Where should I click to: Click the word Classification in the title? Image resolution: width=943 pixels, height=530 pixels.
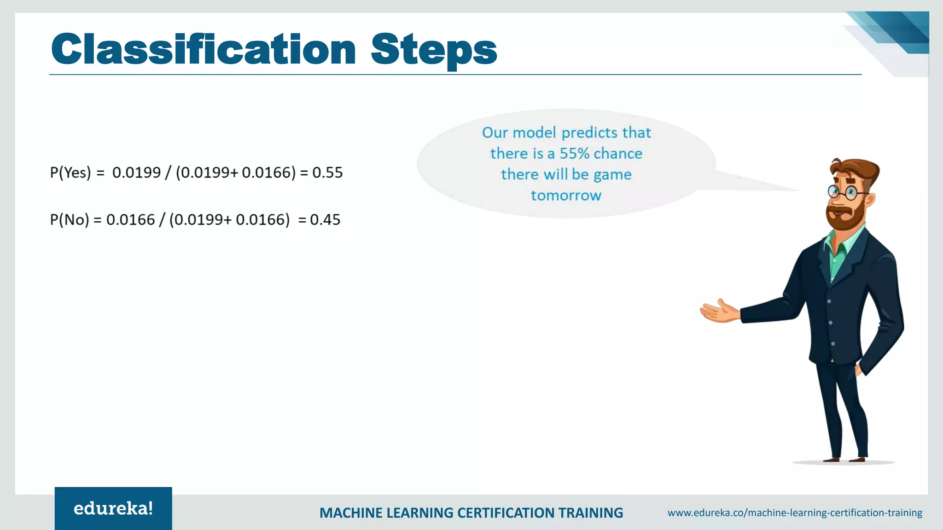203,50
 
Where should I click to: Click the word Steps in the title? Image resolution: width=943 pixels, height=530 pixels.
434,50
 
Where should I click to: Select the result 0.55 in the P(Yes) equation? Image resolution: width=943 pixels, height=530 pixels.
327,173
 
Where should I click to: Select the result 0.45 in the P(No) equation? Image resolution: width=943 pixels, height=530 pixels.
325,220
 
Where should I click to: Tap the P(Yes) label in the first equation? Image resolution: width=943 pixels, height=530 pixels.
70,173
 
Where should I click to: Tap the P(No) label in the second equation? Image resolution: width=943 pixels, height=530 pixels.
69,220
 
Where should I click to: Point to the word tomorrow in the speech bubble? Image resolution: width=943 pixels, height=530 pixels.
566,196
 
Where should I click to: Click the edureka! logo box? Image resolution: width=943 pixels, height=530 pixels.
113,508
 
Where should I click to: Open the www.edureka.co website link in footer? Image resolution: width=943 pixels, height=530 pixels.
795,513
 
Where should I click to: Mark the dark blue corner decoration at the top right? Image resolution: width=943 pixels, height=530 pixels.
902,30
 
